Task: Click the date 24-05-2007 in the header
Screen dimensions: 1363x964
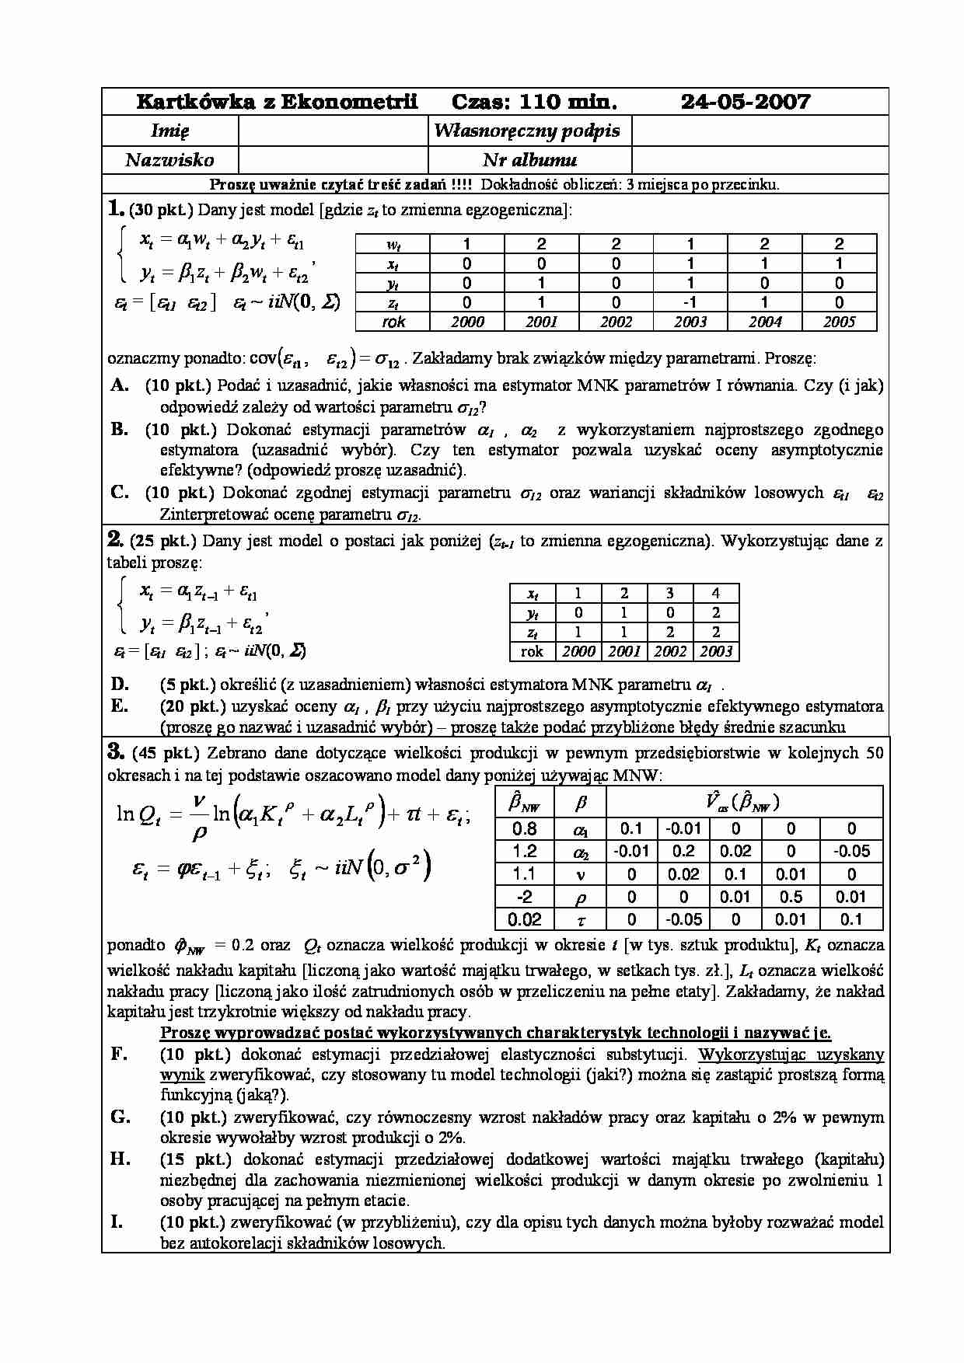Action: tap(745, 102)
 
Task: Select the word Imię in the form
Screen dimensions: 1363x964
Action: tap(169, 131)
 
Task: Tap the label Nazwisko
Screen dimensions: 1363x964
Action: tap(169, 160)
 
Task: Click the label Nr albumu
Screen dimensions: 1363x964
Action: tap(529, 160)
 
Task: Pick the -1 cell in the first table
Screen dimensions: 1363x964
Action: tap(690, 302)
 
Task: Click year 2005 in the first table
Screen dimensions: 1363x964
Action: tap(839, 322)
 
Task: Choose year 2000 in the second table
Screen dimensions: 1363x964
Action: tap(578, 651)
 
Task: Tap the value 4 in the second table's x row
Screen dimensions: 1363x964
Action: tap(716, 593)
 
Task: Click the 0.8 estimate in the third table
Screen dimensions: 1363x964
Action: tap(525, 829)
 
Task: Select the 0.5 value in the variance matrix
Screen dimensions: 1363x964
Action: tap(791, 897)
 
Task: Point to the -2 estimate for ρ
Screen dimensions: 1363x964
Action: tap(525, 897)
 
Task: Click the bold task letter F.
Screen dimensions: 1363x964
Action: tap(119, 1054)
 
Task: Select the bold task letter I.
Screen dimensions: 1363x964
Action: tap(117, 1222)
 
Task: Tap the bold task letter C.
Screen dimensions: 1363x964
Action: tap(119, 492)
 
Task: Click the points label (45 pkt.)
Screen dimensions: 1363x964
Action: tap(166, 752)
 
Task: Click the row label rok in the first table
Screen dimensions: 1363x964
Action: tap(394, 322)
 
